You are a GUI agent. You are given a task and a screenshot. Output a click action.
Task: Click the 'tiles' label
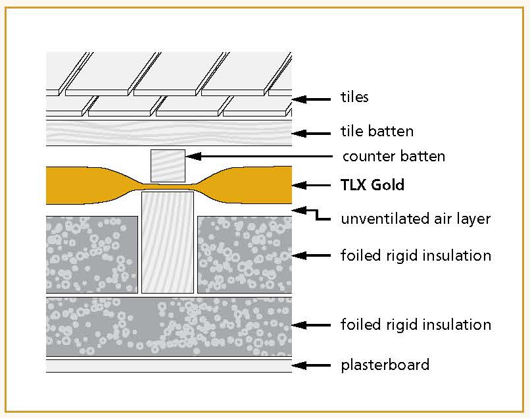pyautogui.click(x=354, y=97)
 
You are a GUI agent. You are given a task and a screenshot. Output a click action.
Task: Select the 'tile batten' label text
pyautogui.click(x=377, y=132)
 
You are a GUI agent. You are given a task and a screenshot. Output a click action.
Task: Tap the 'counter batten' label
pyautogui.click(x=394, y=157)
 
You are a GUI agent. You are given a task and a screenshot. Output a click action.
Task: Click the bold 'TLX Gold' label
pyautogui.click(x=372, y=185)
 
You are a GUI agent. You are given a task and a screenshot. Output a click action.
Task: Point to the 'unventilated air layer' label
pyautogui.click(x=415, y=219)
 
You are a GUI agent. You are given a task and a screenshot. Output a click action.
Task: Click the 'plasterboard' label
pyautogui.click(x=385, y=364)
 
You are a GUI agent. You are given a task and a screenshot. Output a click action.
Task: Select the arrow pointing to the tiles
pyautogui.click(x=311, y=99)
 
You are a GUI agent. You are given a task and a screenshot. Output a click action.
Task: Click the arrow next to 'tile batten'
pyautogui.click(x=311, y=133)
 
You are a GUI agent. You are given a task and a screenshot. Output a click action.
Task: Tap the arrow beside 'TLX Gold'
pyautogui.click(x=311, y=186)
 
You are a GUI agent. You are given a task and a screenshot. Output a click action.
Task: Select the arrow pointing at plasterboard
pyautogui.click(x=311, y=365)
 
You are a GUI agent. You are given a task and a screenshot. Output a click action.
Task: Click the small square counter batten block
pyautogui.click(x=168, y=165)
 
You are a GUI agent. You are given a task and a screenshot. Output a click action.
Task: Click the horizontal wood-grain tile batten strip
pyautogui.click(x=168, y=132)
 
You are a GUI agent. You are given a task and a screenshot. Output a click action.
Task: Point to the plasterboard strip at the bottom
pyautogui.click(x=168, y=365)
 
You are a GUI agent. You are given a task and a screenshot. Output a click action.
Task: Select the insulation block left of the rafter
pyautogui.click(x=92, y=253)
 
